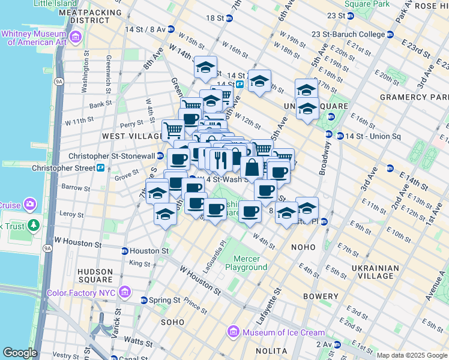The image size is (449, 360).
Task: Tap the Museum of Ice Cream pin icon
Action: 233,332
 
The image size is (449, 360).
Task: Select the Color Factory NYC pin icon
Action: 125,293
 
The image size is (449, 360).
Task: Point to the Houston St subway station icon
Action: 125,251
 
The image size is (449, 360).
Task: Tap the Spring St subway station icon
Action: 144,300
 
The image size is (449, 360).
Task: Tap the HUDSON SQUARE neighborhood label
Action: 95,275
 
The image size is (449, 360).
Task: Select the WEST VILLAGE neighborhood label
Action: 130,136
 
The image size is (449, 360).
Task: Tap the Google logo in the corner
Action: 20,353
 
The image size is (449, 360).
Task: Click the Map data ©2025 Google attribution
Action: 412,355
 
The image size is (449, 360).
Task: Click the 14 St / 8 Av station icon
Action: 171,29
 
